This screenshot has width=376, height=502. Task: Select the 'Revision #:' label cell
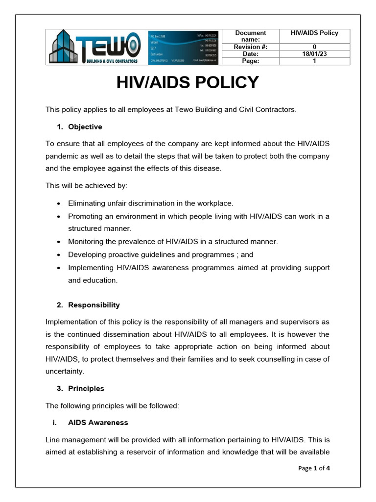(250, 47)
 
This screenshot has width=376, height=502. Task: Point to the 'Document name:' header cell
(250, 36)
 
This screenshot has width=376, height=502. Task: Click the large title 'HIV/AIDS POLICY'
(188, 82)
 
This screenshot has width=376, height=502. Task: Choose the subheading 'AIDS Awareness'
(98, 423)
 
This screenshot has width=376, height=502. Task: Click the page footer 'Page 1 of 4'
(314, 468)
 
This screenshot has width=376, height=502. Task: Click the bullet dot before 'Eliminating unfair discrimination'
(59, 203)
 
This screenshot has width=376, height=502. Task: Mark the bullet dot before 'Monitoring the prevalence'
(59, 242)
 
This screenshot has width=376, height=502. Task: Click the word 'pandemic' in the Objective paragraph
(64, 156)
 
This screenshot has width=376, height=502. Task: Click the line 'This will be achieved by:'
(86, 186)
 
